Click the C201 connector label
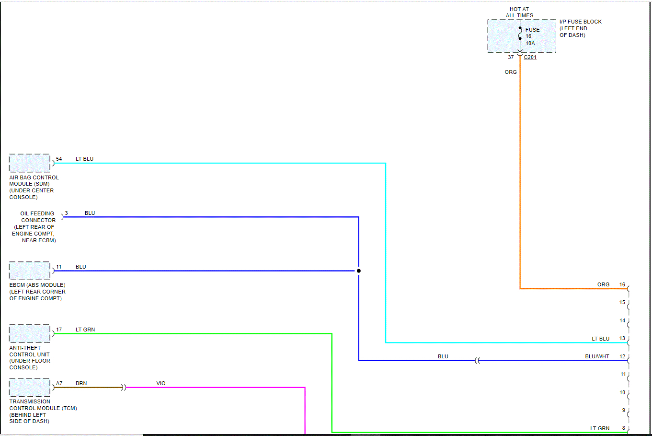[x=530, y=57]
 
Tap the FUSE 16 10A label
[x=532, y=36]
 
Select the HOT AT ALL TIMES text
[x=519, y=12]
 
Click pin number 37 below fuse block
[x=511, y=57]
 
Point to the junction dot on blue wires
[x=358, y=271]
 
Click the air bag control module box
[x=30, y=163]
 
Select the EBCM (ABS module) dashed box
[x=30, y=271]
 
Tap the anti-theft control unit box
[x=30, y=334]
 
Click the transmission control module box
[x=30, y=388]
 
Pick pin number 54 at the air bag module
[x=59, y=159]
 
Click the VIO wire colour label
[x=161, y=383]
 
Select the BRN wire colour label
[x=81, y=383]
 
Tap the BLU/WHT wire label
[x=597, y=356]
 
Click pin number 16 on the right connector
[x=622, y=284]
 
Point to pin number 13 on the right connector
[x=622, y=338]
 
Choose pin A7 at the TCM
[x=59, y=383]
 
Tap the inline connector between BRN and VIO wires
[x=124, y=388]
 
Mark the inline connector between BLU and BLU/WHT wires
[x=477, y=361]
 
